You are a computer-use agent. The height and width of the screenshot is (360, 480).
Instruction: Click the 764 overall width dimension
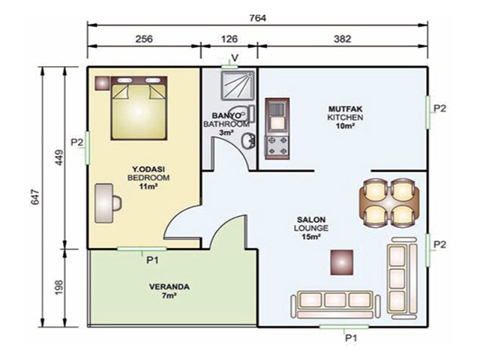[258, 18]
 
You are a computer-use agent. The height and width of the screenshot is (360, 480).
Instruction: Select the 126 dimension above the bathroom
[229, 39]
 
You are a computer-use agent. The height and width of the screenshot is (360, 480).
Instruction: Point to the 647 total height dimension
[35, 197]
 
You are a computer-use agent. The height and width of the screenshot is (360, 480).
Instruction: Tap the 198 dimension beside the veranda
[58, 287]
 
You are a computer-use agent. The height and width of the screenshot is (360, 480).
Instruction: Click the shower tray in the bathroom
[238, 86]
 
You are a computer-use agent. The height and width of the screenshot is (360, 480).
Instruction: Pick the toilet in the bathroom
[241, 113]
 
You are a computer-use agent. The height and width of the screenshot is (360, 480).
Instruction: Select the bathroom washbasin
[247, 141]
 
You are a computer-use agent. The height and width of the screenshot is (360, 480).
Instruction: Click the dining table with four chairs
[389, 202]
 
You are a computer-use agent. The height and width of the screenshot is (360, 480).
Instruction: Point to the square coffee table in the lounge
[342, 262]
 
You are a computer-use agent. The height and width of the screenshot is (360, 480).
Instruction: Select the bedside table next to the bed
[102, 83]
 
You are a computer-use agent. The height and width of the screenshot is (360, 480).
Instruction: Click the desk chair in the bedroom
[117, 203]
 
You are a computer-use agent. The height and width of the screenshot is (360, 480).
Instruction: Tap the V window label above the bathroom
[235, 58]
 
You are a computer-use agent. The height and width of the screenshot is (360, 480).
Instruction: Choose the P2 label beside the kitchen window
[440, 108]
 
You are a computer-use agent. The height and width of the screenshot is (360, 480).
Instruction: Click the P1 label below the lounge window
[351, 338]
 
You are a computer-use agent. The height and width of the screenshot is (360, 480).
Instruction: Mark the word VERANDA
[169, 286]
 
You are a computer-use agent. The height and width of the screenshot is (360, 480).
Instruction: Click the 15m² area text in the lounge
[311, 236]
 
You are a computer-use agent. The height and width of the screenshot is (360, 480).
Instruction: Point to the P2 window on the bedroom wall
[88, 148]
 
